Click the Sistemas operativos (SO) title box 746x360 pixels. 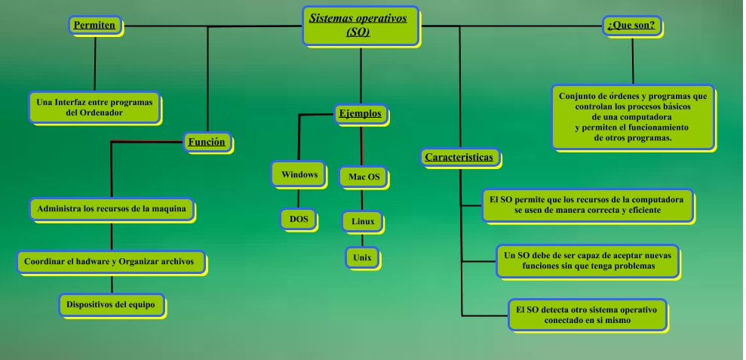point(362,25)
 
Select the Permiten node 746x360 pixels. point(94,26)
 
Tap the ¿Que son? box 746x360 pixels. point(631,26)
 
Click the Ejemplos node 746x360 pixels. point(361,115)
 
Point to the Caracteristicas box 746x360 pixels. point(459,158)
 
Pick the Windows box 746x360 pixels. point(298,174)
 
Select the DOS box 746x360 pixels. point(299,219)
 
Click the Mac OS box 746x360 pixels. point(364,177)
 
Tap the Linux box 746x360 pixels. point(363,221)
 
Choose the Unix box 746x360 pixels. point(362,257)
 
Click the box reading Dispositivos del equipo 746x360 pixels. point(111,305)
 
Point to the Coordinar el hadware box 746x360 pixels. point(110,261)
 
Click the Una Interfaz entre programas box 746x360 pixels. point(95,106)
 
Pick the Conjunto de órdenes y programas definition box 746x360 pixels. point(632,117)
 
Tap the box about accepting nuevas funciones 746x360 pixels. point(588,260)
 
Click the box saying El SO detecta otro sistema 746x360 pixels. point(586,315)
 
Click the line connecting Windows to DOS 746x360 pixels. point(299,197)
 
